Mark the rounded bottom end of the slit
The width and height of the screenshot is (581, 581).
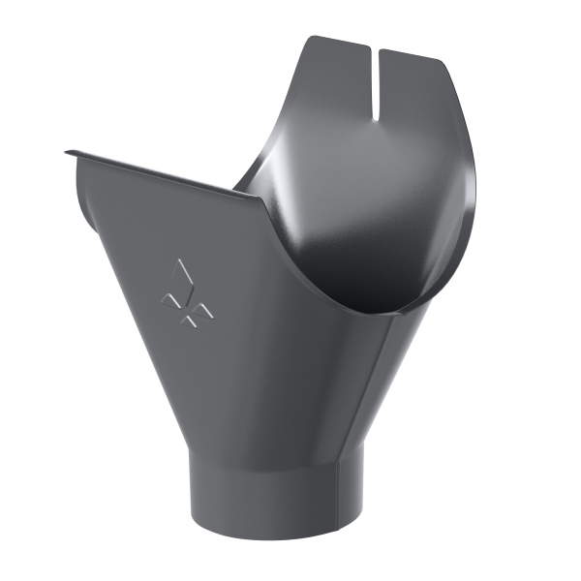coord(373,119)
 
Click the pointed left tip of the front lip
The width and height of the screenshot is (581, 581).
coord(68,152)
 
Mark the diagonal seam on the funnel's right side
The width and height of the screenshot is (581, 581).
coord(373,387)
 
